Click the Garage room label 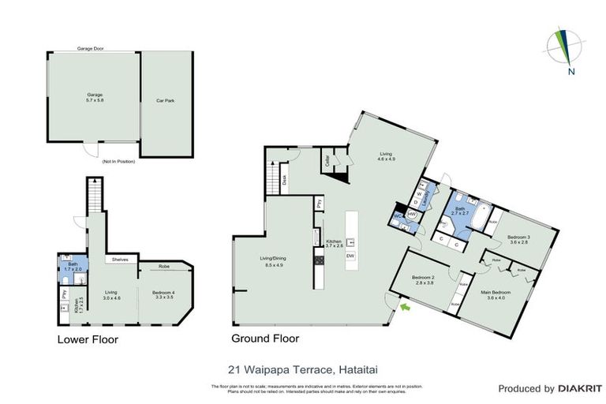coord(95,99)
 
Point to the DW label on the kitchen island coord(350,256)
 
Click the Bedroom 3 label coord(518,239)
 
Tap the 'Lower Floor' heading coord(87,340)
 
